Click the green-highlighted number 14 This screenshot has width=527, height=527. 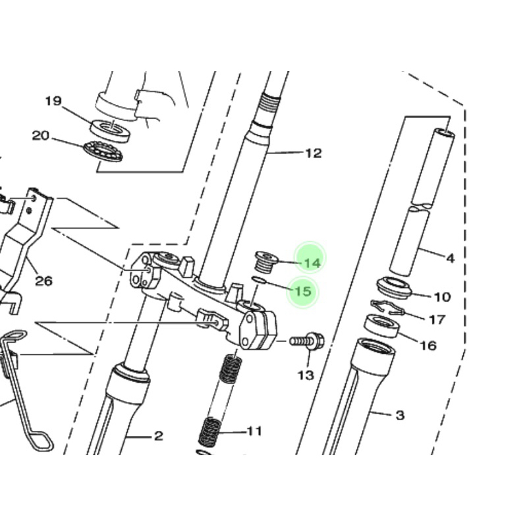point(312,263)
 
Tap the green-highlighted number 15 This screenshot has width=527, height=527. point(303,291)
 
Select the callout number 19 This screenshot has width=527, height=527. point(53,101)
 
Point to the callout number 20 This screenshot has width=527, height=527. point(41,136)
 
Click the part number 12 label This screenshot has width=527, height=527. point(314,153)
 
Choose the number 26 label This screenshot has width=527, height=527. point(44,281)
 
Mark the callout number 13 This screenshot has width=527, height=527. point(306,375)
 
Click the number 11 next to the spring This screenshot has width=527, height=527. point(254,431)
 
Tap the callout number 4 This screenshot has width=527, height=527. point(451,258)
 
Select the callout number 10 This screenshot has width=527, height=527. point(442,297)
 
